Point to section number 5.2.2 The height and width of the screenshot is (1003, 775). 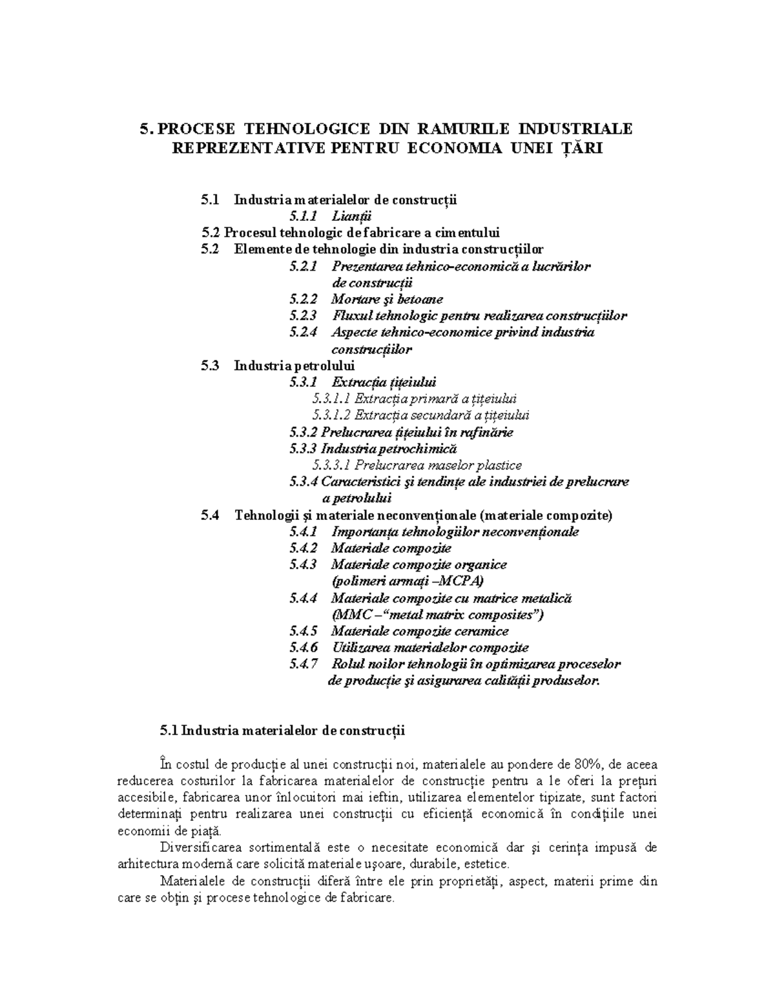(304, 299)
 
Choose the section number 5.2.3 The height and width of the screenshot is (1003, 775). (304, 316)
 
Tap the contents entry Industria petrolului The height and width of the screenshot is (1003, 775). (282, 366)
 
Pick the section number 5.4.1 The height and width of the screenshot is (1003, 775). (304, 532)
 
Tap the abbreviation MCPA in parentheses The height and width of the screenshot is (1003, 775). (459, 581)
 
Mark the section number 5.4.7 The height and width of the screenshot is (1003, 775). (304, 664)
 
